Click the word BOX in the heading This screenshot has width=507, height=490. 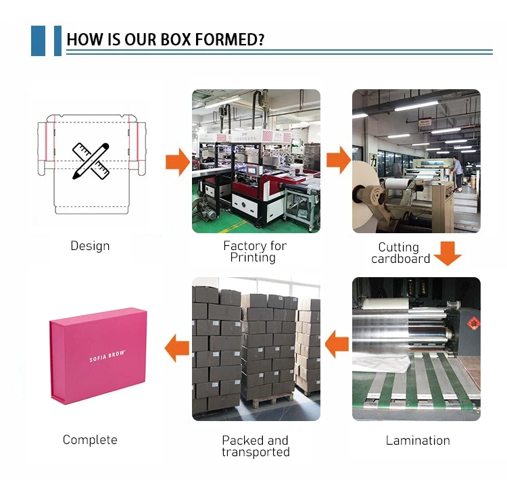[175, 40]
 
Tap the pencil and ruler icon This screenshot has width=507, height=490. [91, 160]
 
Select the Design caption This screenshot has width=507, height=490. [90, 246]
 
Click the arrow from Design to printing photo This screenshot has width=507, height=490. [177, 162]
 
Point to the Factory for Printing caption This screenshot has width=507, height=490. [255, 251]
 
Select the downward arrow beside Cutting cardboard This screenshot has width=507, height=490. [447, 253]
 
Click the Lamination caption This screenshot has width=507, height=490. [418, 440]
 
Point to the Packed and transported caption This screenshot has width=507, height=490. [256, 446]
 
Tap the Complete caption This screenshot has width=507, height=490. [90, 440]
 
